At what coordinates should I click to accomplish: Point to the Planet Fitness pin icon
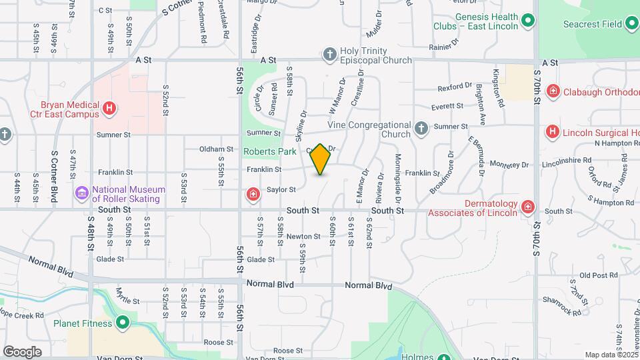[123, 323]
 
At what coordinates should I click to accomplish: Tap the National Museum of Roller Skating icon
[82, 193]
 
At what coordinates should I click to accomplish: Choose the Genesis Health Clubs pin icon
[528, 21]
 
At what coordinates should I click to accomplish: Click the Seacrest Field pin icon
[631, 25]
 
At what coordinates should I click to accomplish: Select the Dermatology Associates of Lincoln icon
[528, 207]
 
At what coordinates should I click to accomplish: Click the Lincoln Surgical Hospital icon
[552, 132]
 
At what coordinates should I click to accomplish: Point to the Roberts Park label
[269, 151]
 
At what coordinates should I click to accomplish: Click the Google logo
[22, 351]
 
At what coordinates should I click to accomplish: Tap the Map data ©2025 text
[611, 355]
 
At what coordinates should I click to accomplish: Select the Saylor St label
[281, 189]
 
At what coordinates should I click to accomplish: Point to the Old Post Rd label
[595, 275]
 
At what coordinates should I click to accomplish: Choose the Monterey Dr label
[509, 164]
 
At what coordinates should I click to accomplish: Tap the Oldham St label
[217, 149]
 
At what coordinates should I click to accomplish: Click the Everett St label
[447, 106]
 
